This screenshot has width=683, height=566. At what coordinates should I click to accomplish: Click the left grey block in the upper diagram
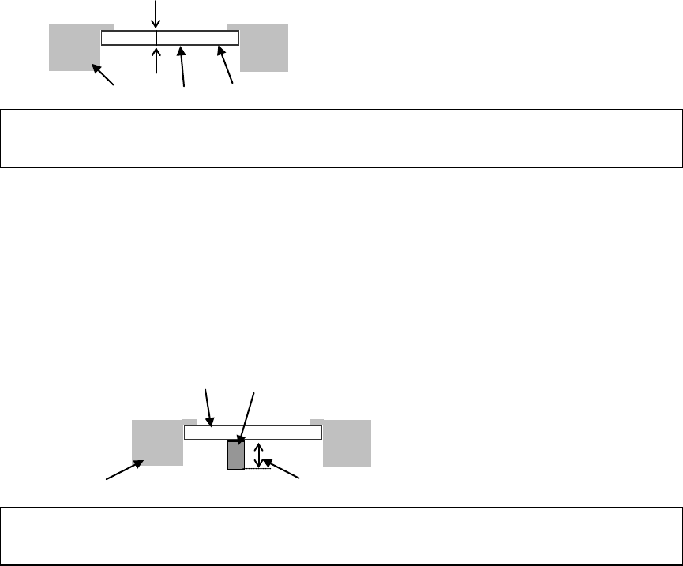(73, 47)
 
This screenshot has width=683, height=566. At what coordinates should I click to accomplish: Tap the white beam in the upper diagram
(197, 38)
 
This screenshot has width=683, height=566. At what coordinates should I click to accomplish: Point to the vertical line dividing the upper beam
(156, 38)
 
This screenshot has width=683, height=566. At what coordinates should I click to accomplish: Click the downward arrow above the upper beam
(156, 14)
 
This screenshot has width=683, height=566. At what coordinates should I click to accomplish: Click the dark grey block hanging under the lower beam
(235, 455)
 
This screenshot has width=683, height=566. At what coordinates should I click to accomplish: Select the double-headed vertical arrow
(257, 455)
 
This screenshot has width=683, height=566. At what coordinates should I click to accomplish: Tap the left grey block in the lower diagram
(157, 443)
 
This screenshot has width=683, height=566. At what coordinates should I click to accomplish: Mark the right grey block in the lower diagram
(347, 443)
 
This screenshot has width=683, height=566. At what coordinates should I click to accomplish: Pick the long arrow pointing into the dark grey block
(246, 418)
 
